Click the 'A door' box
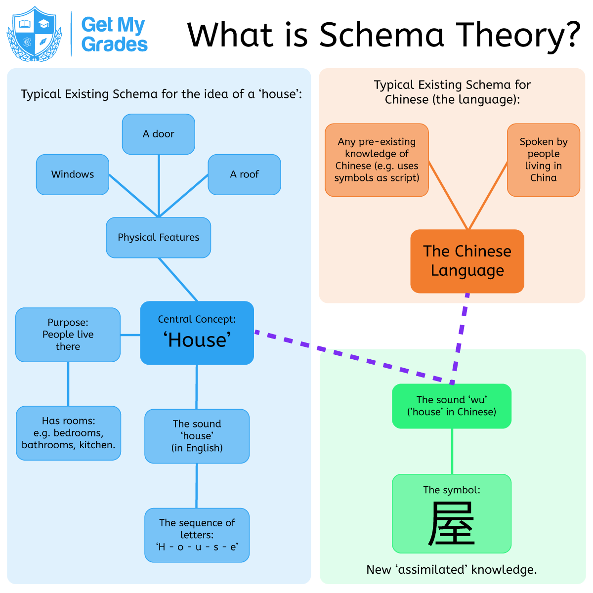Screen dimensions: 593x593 tap(158, 134)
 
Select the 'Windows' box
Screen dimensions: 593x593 tap(72, 174)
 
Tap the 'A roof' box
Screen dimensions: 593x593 tap(244, 174)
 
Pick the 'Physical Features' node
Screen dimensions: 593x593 tap(158, 238)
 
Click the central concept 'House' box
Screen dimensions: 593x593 tap(197, 333)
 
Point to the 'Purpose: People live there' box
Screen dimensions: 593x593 tap(68, 335)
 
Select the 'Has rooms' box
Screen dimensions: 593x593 tap(68, 433)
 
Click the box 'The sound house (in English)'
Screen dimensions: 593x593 tap(197, 436)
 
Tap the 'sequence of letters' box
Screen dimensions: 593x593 tap(197, 535)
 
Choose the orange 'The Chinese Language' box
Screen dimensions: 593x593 tap(467, 261)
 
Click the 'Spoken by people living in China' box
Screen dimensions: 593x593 tap(543, 160)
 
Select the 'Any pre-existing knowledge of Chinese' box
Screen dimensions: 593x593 tap(377, 160)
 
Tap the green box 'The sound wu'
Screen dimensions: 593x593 tap(451, 406)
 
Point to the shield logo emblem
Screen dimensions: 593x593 tap(34, 34)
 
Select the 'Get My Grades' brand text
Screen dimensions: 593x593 tap(114, 34)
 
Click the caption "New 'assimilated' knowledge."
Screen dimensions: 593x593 tap(451, 570)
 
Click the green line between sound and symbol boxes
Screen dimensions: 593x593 tap(452, 451)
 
